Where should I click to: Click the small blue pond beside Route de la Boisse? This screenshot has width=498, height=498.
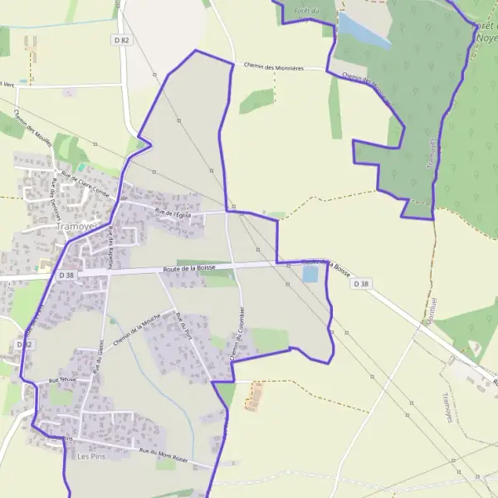point(310,274)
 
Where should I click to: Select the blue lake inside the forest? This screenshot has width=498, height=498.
point(363,32)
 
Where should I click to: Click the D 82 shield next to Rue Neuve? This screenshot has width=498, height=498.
point(23,344)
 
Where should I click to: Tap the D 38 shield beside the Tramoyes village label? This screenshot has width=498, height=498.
point(66,275)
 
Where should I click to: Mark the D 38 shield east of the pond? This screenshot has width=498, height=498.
point(359,283)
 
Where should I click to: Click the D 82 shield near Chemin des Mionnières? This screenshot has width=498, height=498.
point(121,40)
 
